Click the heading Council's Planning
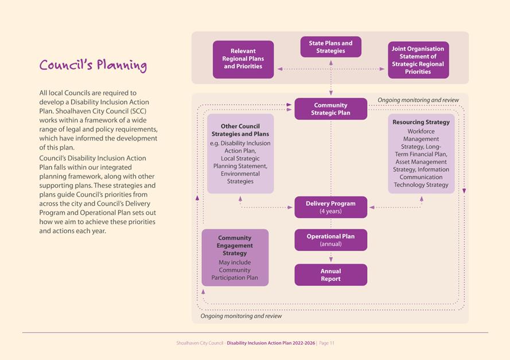click(x=93, y=65)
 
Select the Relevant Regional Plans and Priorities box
click(x=243, y=59)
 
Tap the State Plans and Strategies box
click(x=330, y=47)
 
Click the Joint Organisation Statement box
click(x=418, y=60)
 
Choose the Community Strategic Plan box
click(x=330, y=109)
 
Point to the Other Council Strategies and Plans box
click(x=240, y=154)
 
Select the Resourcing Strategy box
click(x=421, y=154)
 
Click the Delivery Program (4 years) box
click(x=330, y=207)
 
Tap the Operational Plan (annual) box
click(x=330, y=240)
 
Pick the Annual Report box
click(x=330, y=275)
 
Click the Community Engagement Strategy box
click(x=235, y=257)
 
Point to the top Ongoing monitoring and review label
click(x=418, y=100)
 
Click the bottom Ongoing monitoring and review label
click(x=241, y=316)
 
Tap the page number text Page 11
click(x=326, y=343)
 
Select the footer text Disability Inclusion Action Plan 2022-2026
click(x=270, y=343)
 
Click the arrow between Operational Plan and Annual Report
click(x=330, y=257)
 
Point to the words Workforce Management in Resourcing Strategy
click(x=421, y=135)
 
